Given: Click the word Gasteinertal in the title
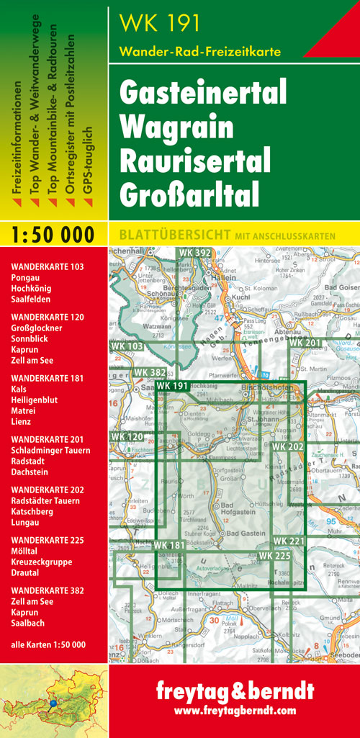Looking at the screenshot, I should click(203, 94).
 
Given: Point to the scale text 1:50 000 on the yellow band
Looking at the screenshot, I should click(53, 235).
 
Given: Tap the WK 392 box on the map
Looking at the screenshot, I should click(194, 253).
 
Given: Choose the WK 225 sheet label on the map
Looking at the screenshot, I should click(274, 556).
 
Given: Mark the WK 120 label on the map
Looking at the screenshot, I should click(127, 437).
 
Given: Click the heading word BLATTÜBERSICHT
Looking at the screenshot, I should click(169, 235).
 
